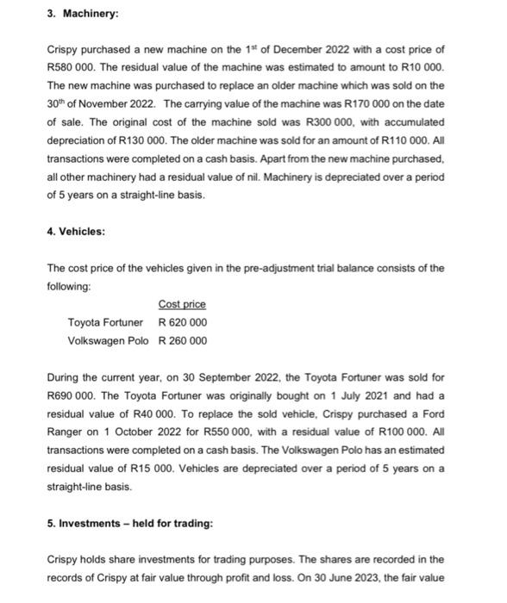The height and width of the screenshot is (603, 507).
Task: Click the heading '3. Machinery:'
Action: pos(83,16)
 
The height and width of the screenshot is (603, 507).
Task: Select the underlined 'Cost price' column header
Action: pos(182,304)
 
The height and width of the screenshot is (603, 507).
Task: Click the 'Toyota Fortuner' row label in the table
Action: pos(105,322)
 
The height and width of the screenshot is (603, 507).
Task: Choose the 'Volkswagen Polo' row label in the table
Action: pos(105,340)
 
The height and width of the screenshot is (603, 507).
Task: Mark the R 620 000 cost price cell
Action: pos(183,322)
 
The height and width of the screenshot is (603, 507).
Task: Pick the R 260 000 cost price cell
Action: pos(183,340)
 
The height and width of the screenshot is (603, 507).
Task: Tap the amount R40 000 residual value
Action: pos(178,413)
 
